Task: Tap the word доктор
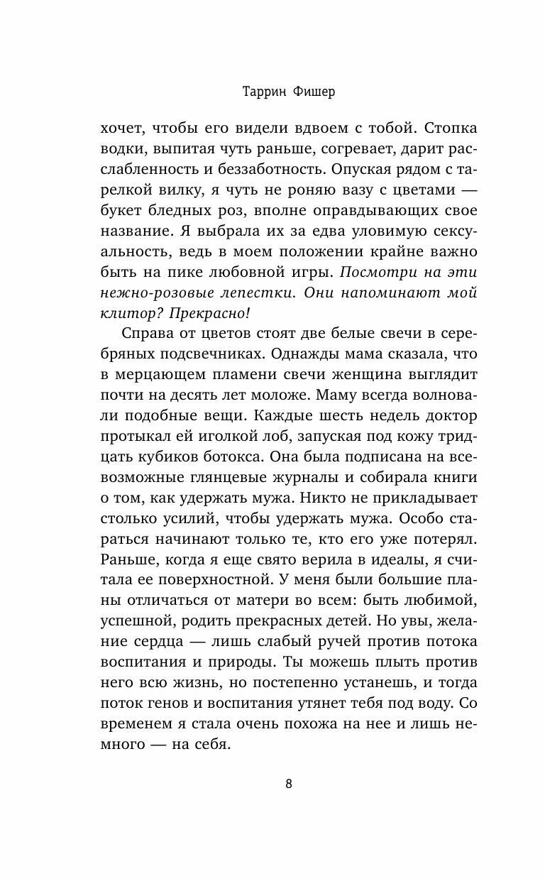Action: pos(450,417)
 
